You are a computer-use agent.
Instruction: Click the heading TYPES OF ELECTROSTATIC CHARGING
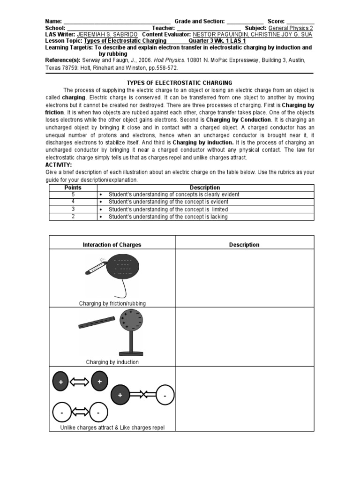180,82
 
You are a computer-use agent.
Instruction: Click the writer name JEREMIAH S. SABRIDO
108,35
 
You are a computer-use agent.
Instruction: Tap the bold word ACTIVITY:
59,165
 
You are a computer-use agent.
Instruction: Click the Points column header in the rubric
72,187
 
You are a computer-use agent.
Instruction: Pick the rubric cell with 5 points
72,194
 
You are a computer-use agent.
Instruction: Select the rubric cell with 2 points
72,217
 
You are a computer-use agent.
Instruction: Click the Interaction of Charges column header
112,245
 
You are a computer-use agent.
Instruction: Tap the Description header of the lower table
244,245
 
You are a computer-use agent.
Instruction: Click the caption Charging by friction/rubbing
112,303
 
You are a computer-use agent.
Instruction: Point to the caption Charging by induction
112,362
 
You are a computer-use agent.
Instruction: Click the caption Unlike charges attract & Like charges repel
112,427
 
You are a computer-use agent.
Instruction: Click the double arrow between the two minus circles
79,412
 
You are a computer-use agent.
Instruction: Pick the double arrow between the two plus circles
79,382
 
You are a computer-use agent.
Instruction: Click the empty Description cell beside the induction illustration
244,337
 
